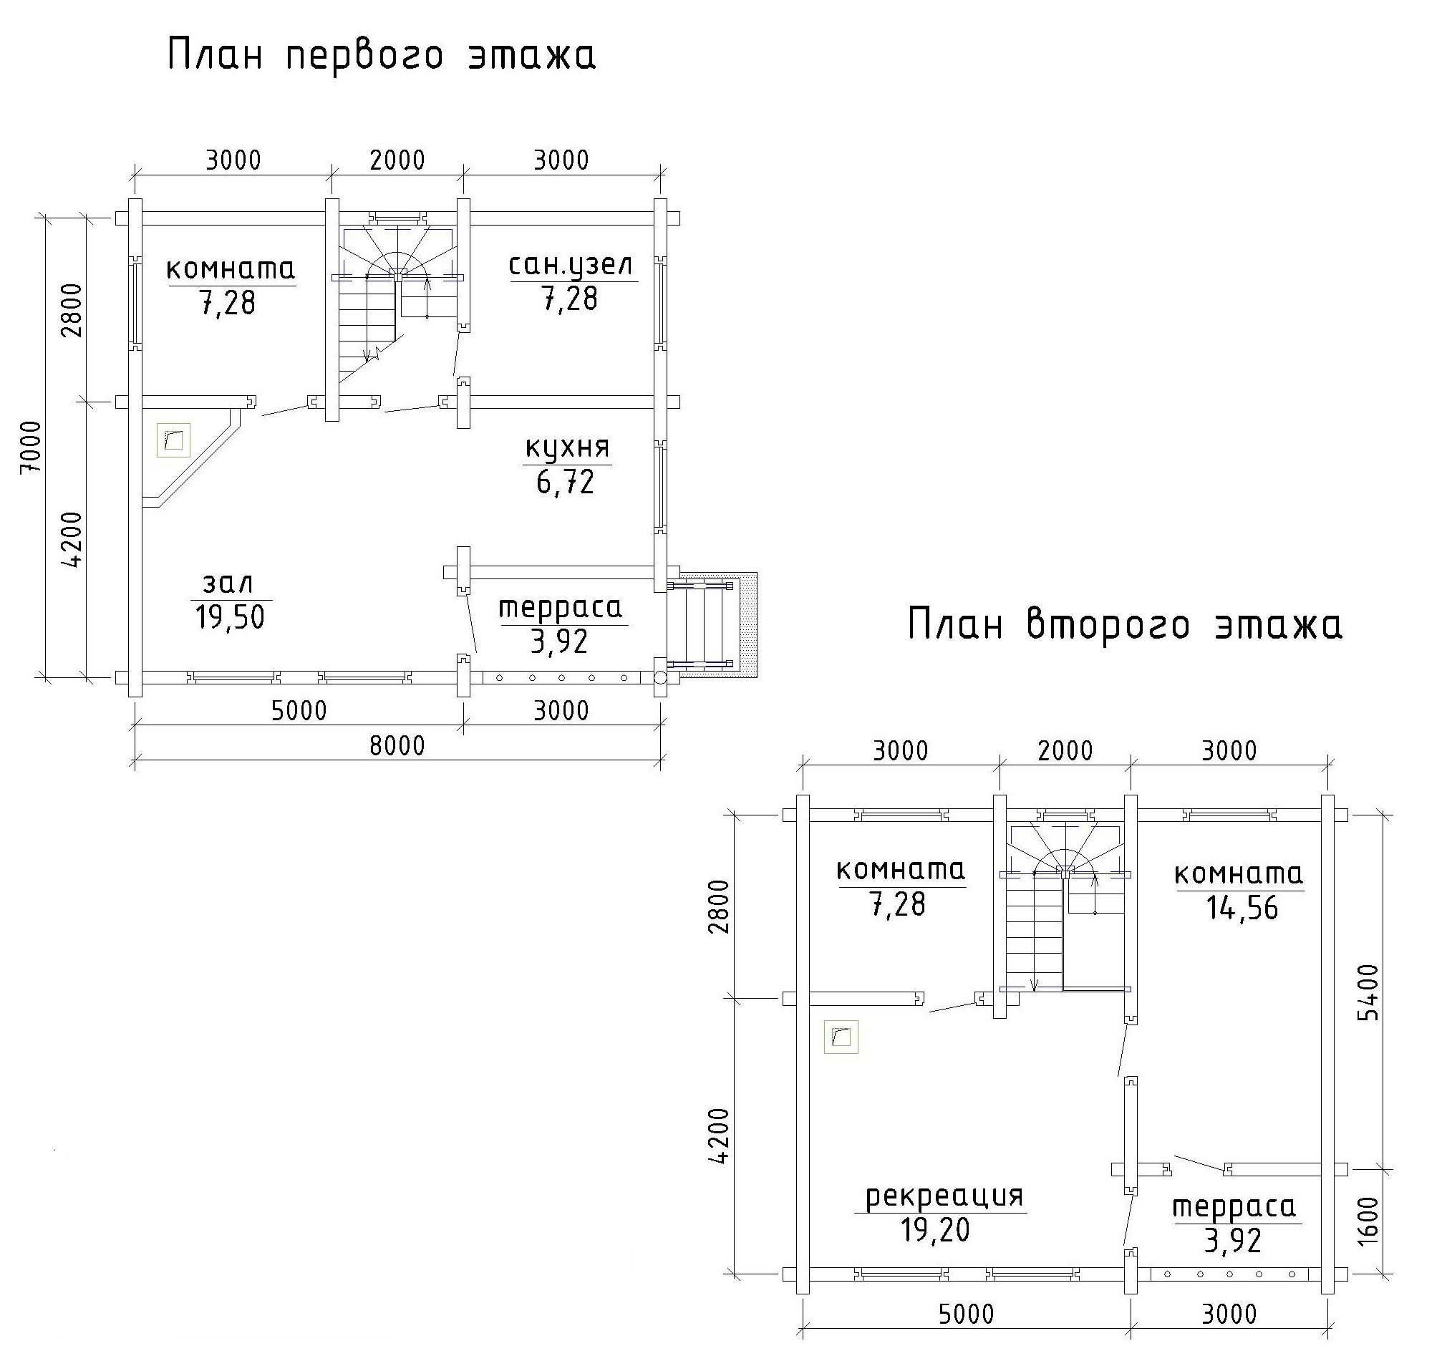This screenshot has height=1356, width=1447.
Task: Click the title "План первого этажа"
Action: [382, 57]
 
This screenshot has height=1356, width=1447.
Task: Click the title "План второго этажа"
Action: [1126, 626]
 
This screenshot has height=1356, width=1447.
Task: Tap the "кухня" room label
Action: [567, 447]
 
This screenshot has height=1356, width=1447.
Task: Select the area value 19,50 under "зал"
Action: [230, 617]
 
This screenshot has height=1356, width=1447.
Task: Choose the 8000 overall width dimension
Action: [397, 746]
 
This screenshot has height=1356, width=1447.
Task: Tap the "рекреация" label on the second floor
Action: [945, 1196]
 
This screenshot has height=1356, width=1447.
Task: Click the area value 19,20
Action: [935, 1230]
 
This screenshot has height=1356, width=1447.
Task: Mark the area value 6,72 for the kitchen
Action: [566, 482]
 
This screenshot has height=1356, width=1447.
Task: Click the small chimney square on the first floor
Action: [173, 440]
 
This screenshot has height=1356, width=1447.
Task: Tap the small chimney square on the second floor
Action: [841, 1037]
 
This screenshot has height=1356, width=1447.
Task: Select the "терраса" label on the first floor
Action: [561, 608]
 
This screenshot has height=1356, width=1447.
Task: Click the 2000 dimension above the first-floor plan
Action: [397, 160]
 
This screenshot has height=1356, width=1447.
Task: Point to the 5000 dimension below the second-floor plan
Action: [966, 1314]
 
